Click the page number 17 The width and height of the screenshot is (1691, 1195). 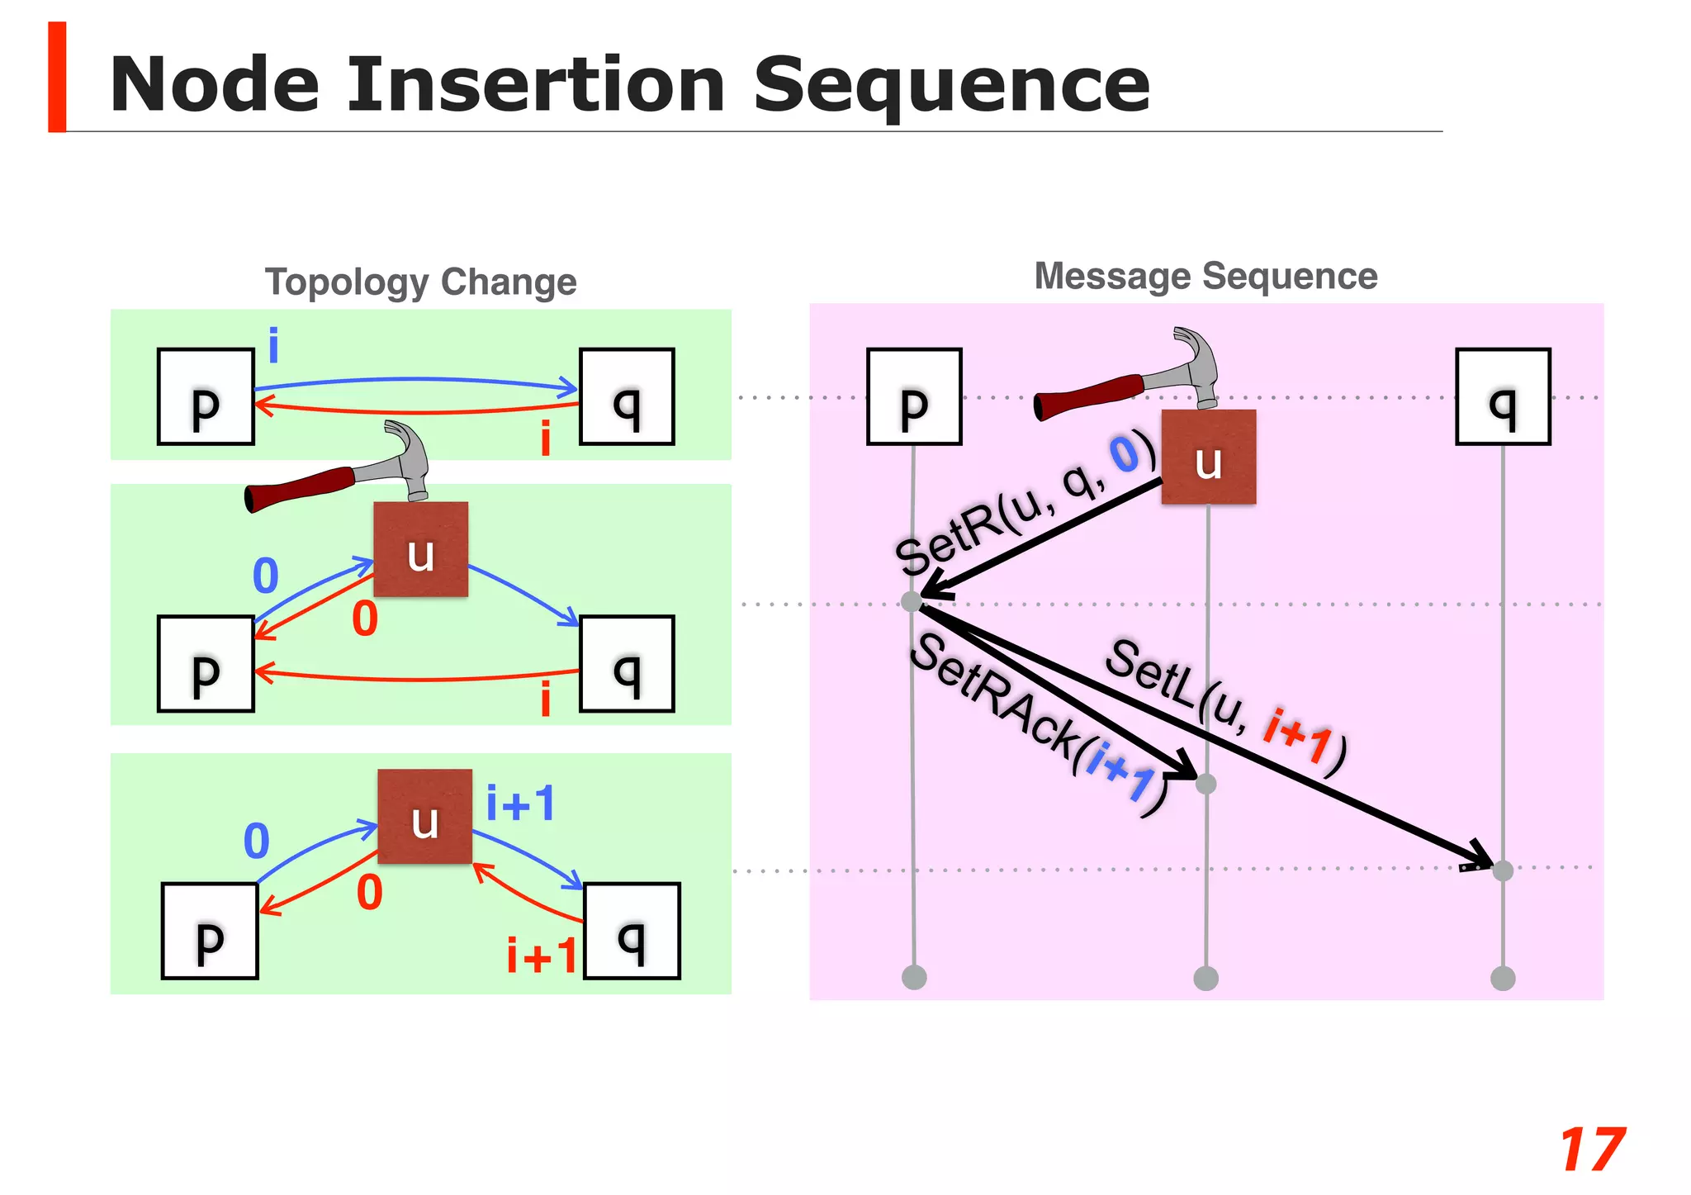coord(1592,1150)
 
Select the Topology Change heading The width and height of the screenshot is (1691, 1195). coord(420,282)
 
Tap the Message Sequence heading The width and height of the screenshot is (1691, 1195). coord(1205,276)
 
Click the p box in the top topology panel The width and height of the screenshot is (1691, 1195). coord(206,397)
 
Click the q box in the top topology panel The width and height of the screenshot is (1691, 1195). coord(627,397)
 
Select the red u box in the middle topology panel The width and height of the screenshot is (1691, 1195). coord(421,550)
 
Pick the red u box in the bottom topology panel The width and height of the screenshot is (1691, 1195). coord(425,817)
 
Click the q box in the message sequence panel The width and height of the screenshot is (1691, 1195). coord(1503,397)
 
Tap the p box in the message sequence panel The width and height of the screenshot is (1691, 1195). coord(914,397)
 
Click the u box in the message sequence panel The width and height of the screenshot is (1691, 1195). coord(1209,458)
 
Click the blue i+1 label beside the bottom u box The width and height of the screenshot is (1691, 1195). coord(520,804)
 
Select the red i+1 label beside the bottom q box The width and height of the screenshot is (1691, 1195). coord(542,956)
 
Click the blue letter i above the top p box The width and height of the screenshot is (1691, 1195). coord(273,346)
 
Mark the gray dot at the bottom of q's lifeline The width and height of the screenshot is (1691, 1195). coord(1503,979)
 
